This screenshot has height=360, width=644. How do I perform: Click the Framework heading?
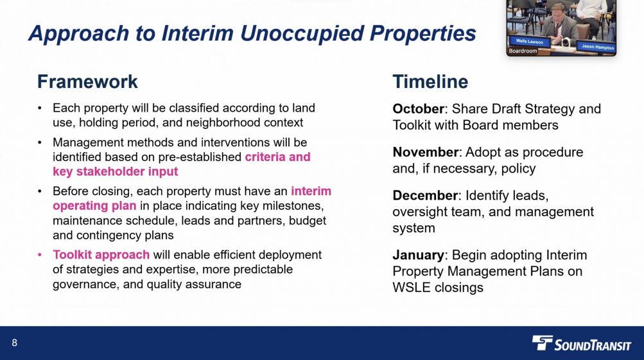click(87, 81)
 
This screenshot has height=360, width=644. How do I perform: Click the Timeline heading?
click(430, 81)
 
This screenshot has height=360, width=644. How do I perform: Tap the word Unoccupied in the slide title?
click(302, 33)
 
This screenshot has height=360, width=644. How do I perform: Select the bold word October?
click(418, 109)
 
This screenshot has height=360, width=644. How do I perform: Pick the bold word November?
click(425, 152)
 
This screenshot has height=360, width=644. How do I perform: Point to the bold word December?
click(424, 195)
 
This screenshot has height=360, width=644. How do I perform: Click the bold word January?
click(418, 255)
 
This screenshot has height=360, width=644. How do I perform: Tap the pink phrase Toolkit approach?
click(101, 255)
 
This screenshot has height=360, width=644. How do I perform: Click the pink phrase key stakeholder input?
click(116, 171)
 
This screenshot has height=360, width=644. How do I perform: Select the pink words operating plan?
click(94, 206)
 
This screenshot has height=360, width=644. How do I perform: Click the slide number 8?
click(14, 343)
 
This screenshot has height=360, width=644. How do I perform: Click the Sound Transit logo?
click(581, 343)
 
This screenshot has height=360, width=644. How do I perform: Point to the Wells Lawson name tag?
click(530, 42)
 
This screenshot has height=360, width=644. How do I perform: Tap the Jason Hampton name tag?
click(598, 47)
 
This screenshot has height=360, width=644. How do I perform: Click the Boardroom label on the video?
click(523, 51)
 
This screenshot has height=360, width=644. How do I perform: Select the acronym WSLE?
click(412, 287)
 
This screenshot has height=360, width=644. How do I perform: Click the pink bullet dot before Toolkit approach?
click(40, 255)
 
